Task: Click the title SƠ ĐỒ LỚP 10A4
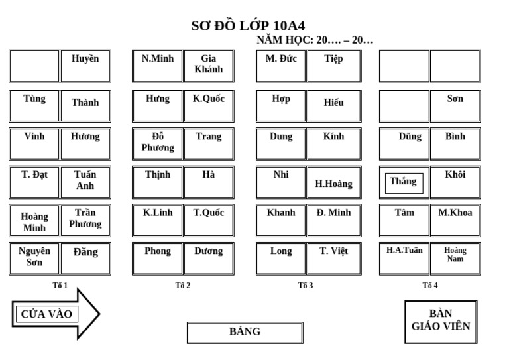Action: [x=248, y=26]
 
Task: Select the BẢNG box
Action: [x=245, y=332]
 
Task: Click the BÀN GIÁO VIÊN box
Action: [x=441, y=322]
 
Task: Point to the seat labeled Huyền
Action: [x=85, y=66]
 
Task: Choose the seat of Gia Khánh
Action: [x=209, y=66]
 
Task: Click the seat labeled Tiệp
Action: [x=333, y=66]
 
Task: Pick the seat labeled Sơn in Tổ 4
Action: [x=455, y=105]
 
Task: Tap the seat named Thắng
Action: [x=404, y=182]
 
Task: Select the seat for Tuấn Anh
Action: [x=85, y=182]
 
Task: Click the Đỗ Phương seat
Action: [x=158, y=143]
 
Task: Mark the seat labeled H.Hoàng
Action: [x=333, y=182]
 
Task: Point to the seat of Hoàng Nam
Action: [x=455, y=258]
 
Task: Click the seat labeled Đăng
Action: [x=85, y=258]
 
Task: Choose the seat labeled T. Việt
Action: [x=333, y=258]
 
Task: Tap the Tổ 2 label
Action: [x=183, y=286]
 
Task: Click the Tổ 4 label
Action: [x=430, y=286]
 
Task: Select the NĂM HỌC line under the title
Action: [x=315, y=40]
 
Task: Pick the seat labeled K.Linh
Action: [x=158, y=220]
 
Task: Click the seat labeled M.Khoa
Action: [x=455, y=220]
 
